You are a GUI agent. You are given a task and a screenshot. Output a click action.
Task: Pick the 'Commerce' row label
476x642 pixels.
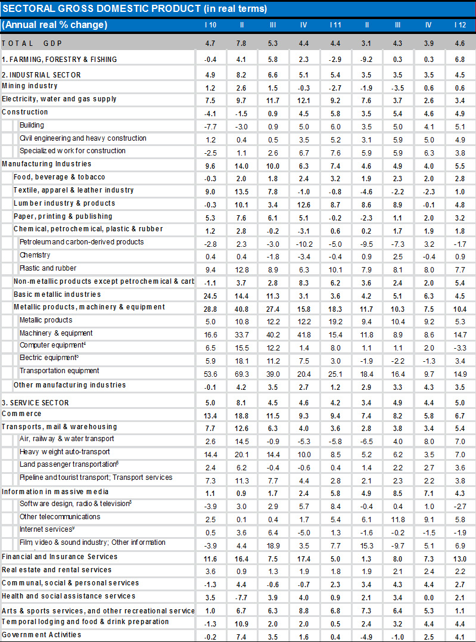click(21, 414)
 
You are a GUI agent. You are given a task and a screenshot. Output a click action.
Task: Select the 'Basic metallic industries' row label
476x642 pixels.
click(57, 294)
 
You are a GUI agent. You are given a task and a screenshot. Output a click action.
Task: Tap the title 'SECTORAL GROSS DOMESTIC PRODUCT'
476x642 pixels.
click(134, 8)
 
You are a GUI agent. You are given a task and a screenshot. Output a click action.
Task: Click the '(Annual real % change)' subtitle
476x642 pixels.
click(55, 25)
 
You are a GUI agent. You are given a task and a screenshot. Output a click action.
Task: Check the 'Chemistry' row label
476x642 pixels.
click(35, 255)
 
